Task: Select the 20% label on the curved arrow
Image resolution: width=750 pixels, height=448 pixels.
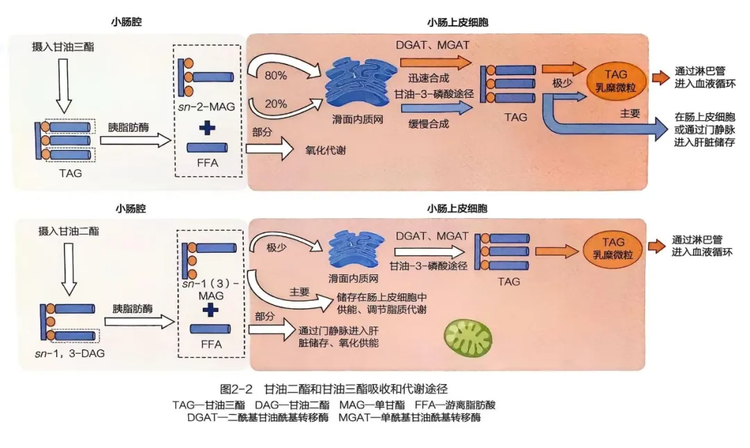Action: coord(276,103)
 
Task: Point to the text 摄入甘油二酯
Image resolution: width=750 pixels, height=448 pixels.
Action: coord(61,231)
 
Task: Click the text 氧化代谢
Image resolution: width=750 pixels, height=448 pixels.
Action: coord(324,148)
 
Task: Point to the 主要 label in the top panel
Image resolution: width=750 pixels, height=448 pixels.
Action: coord(629,113)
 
